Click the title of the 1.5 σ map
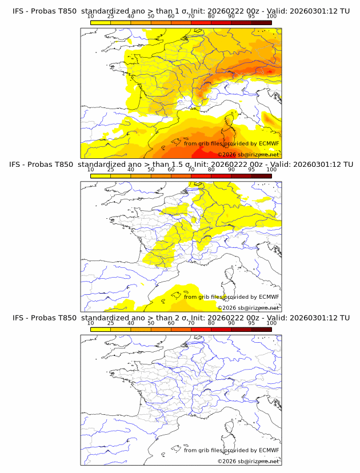[x=181, y=164]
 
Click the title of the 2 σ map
[x=181, y=318]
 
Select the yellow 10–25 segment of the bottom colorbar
[x=101, y=329]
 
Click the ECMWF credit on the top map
[x=231, y=143]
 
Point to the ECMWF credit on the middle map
[x=231, y=296]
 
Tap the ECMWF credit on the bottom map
[x=231, y=450]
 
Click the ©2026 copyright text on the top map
[x=247, y=154]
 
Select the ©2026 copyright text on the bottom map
[x=247, y=461]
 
